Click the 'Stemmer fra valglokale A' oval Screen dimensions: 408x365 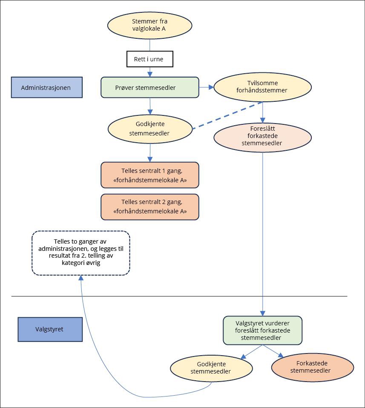tap(149, 25)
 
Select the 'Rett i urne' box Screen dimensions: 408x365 tap(150, 59)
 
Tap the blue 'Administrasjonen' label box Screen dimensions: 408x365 tap(47, 88)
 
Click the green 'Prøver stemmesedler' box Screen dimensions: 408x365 tap(150, 88)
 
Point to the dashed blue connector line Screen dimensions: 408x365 tap(228, 115)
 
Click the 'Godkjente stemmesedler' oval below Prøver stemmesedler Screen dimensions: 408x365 tap(150, 129)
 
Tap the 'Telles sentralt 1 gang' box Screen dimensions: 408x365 tap(150, 175)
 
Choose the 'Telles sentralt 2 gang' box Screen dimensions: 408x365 tap(150, 207)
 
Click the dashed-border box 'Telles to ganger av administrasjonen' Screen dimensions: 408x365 tap(81, 253)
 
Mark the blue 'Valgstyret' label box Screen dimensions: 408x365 tap(50, 329)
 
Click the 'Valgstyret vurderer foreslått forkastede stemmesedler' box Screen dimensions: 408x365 tap(262, 330)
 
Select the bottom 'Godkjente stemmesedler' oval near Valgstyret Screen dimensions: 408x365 tap(211, 368)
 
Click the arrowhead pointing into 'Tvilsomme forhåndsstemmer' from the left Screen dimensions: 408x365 tap(211, 87)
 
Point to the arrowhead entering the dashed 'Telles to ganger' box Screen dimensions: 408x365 tap(80, 278)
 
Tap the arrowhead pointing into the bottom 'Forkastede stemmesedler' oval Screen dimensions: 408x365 tap(281, 355)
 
